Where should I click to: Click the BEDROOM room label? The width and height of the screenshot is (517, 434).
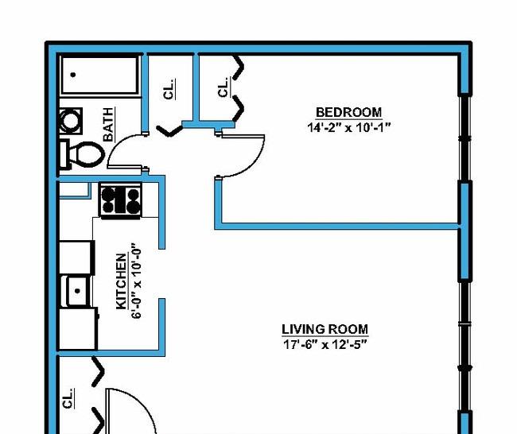tap(348, 112)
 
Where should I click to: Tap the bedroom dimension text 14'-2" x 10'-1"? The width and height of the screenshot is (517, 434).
tap(348, 127)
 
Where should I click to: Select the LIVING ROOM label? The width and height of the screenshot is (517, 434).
tap(325, 329)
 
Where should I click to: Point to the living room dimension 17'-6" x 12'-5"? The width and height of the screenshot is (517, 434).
tap(325, 345)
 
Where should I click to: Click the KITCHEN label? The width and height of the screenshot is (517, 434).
tap(122, 281)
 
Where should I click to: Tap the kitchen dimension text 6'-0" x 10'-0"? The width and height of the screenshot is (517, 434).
tap(137, 281)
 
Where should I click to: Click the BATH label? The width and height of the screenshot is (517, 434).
tap(108, 124)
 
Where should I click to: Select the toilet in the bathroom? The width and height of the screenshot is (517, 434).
tap(81, 154)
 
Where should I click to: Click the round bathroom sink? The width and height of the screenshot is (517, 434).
tap(70, 121)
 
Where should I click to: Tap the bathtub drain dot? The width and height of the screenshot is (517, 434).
tap(73, 75)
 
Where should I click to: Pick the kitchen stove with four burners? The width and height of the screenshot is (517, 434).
tap(120, 200)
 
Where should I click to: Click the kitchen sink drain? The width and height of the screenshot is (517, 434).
tap(77, 291)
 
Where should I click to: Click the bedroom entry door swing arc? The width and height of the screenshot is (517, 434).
tap(252, 164)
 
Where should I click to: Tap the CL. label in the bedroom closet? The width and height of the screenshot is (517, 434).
tap(224, 87)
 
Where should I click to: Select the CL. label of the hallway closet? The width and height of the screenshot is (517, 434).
tap(169, 89)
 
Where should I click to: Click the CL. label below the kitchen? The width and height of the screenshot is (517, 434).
tap(68, 398)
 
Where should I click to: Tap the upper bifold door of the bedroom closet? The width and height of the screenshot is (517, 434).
tap(238, 68)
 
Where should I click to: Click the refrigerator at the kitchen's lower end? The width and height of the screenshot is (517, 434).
tap(79, 328)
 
